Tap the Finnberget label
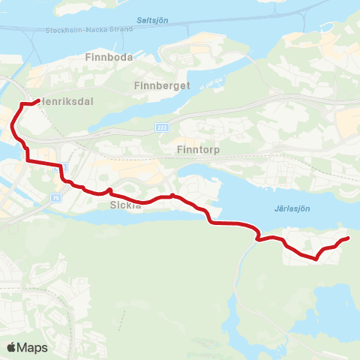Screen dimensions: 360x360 coord(161,85)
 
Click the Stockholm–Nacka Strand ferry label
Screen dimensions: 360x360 coord(88,30)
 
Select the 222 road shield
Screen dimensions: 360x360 coord(162,128)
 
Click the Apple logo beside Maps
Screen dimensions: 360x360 coord(10,347)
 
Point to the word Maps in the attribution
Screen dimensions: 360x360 coord(32,347)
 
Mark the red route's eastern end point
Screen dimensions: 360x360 coord(348,238)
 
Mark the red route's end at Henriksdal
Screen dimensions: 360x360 coord(37,100)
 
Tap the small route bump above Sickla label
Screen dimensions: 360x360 coord(110,190)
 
